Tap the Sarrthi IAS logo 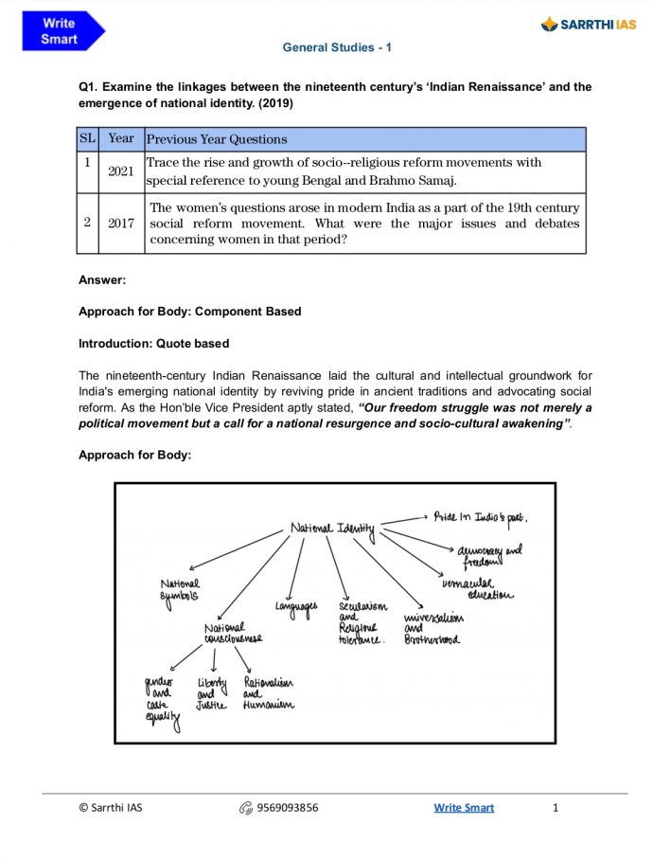tap(590, 24)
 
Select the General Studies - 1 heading tap(337, 46)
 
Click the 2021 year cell tap(121, 172)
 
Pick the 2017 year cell tap(121, 223)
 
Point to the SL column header tap(87, 138)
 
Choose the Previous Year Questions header tap(217, 139)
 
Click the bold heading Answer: tap(102, 280)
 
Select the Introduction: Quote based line tap(153, 343)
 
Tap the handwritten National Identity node tap(333, 528)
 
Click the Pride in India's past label tap(480, 517)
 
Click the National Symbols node tap(180, 589)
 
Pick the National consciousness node tap(232, 633)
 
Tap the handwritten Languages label tap(296, 605)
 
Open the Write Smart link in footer tap(464, 808)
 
